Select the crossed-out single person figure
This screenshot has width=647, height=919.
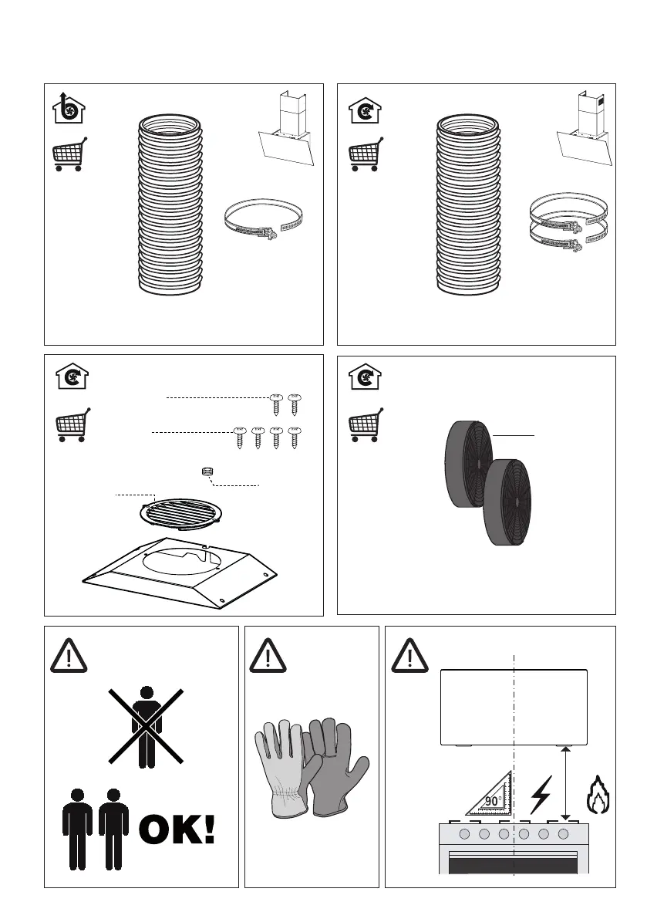[x=147, y=727]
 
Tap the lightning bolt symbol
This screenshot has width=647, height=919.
[x=541, y=796]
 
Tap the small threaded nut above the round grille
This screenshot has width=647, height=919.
[x=206, y=471]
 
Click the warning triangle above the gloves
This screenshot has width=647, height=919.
[x=268, y=655]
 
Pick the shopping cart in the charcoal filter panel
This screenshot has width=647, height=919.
[x=366, y=424]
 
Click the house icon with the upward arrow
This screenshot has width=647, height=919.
[x=69, y=108]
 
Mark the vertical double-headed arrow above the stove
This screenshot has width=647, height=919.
[x=565, y=784]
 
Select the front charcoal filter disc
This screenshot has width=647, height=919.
[x=507, y=502]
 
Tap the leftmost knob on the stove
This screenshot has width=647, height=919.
[x=464, y=834]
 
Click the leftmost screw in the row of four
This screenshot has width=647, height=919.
[x=239, y=438]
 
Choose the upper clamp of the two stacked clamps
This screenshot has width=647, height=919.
[x=568, y=211]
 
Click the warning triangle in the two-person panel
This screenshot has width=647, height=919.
[x=69, y=655]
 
